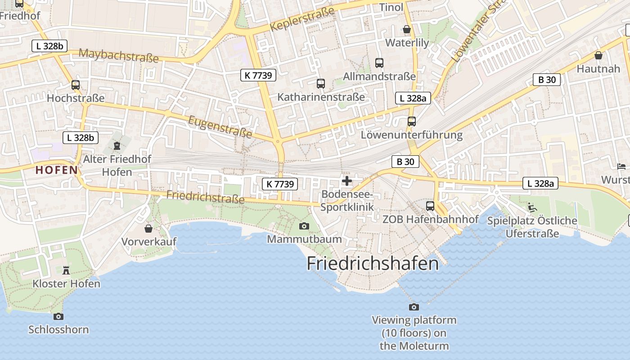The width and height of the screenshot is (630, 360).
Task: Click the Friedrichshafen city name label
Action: [373, 263]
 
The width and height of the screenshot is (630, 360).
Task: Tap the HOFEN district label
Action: [57, 170]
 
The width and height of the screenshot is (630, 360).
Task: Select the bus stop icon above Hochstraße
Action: [76, 85]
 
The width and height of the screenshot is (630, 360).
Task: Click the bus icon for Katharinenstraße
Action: [320, 83]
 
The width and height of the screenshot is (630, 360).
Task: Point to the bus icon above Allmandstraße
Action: [379, 63]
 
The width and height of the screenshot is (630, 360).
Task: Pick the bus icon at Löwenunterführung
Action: [411, 121]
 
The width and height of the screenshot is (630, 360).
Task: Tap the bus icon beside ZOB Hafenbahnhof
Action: [430, 206]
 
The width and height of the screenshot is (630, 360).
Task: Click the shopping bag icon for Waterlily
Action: [407, 30]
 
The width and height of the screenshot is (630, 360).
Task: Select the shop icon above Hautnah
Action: [598, 55]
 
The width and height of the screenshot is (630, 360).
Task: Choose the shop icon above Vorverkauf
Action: [148, 229]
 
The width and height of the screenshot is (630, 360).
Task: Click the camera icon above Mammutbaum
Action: [304, 226]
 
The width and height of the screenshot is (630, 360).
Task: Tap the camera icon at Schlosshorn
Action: [58, 316]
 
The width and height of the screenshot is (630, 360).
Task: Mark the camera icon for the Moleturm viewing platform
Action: [414, 307]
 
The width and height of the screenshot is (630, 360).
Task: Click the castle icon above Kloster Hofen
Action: [66, 270]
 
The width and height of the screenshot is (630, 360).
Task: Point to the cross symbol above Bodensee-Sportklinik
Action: [347, 181]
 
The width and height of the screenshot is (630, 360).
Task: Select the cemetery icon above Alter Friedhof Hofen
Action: [117, 146]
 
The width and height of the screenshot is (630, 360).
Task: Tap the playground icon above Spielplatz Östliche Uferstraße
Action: [532, 207]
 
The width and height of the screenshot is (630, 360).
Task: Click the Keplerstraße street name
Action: [302, 19]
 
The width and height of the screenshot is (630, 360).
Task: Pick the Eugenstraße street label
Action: [220, 126]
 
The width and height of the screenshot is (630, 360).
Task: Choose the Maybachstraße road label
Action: [119, 55]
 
